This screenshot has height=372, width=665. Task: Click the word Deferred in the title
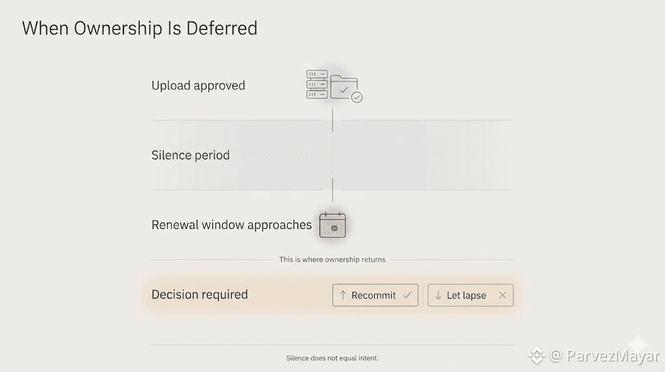(222, 29)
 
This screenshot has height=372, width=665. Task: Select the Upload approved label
(198, 85)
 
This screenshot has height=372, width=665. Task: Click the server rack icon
(317, 85)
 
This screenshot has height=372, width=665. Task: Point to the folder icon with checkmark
(344, 87)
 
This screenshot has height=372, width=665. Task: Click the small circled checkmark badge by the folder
(357, 98)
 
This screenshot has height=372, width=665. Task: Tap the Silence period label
(190, 155)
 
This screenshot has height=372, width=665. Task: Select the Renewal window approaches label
(231, 225)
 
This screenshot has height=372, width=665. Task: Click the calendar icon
(332, 225)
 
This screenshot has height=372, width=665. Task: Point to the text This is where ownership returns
(332, 259)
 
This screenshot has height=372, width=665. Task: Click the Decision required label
(199, 295)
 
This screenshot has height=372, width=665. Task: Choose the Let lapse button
(470, 295)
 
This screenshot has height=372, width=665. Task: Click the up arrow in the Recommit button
(343, 295)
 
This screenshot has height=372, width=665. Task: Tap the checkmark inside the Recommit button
(407, 295)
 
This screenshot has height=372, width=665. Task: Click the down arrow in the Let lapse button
(438, 295)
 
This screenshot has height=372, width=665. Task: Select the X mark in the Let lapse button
(502, 295)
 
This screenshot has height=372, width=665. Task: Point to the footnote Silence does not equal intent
(332, 358)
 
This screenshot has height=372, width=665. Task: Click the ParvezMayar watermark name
(613, 356)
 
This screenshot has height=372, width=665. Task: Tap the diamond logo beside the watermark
(536, 356)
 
